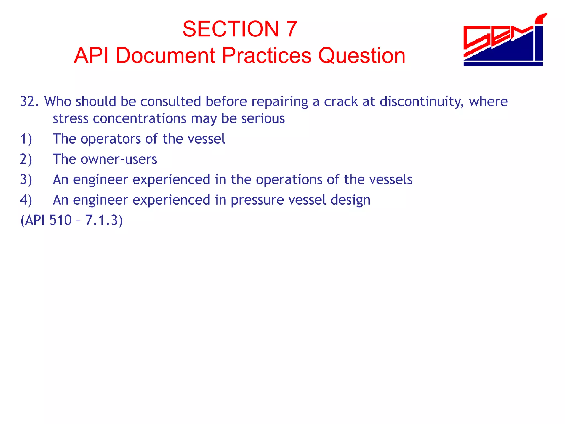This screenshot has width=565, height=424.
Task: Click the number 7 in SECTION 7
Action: pos(292,29)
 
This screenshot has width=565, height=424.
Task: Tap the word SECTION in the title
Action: pos(231,29)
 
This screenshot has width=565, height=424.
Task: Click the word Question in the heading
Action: pos(362,56)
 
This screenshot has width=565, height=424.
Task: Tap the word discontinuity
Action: pos(421,102)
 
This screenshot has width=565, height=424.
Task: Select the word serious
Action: pos(263,119)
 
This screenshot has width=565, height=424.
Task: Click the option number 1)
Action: pos(26,139)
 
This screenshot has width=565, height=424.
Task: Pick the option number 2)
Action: pos(26,159)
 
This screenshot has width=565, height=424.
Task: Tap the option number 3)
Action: pos(26,180)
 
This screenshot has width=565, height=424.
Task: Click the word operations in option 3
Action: pos(289,180)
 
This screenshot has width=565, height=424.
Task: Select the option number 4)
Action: pos(26,200)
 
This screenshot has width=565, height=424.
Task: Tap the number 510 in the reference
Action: pos(60,221)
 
